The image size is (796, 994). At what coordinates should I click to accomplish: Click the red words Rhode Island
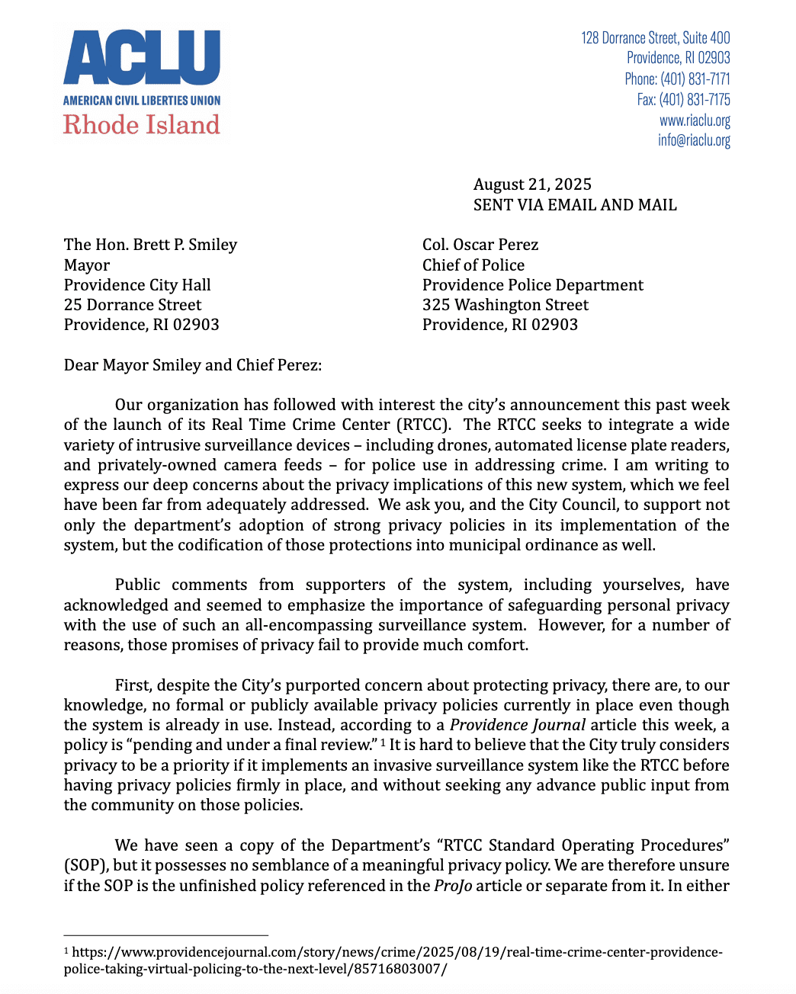point(142,124)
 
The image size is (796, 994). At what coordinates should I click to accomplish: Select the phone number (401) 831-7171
point(695,79)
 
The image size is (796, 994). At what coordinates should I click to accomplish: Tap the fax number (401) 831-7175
point(695,99)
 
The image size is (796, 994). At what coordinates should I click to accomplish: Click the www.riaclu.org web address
point(695,120)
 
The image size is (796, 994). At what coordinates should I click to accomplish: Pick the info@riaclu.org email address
point(694,140)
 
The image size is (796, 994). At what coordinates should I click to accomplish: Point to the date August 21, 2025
point(532,184)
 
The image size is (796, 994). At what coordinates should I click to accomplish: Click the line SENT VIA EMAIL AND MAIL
point(575,205)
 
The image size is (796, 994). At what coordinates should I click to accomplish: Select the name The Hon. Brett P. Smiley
point(150,245)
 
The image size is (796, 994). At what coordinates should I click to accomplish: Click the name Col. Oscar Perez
point(480,245)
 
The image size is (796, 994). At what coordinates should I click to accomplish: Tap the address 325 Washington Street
point(506,305)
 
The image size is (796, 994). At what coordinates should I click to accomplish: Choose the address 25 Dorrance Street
point(133,305)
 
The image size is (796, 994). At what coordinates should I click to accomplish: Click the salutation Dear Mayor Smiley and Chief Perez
point(193,365)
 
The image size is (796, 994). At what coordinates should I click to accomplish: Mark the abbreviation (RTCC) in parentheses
point(424,425)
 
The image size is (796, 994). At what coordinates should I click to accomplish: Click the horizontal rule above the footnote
point(165,935)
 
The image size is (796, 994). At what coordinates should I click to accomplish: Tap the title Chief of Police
point(473,265)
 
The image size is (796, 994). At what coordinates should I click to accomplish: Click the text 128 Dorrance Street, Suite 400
point(655,37)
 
